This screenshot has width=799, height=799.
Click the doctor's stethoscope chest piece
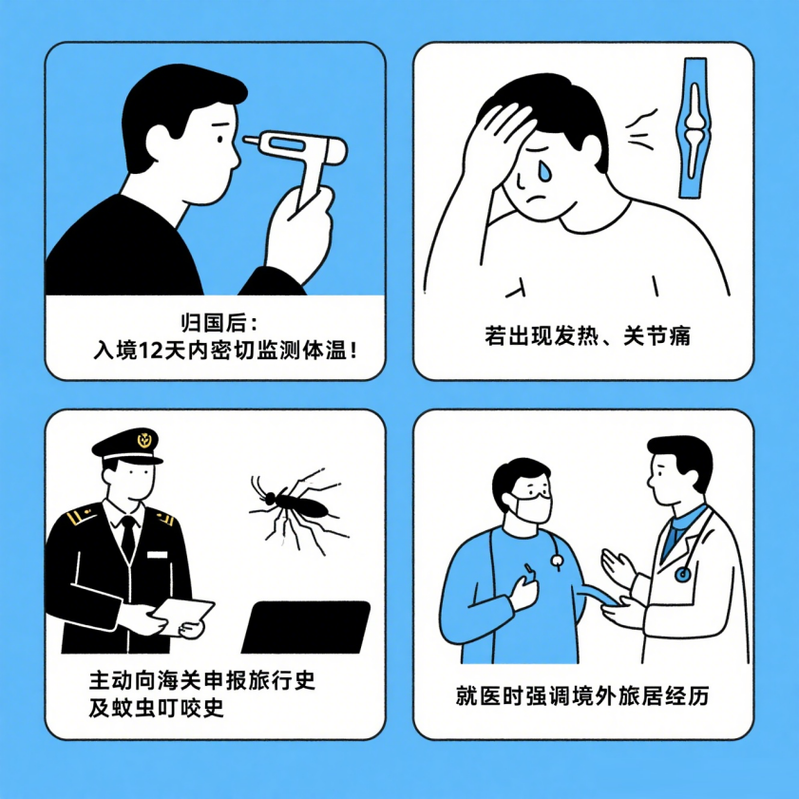tap(683, 574)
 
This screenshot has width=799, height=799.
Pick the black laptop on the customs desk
tap(306, 627)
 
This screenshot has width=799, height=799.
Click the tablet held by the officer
tap(182, 616)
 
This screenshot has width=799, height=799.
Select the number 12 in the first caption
tap(153, 350)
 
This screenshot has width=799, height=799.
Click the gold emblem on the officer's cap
tap(144, 439)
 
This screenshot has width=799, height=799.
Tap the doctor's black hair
tap(681, 454)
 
